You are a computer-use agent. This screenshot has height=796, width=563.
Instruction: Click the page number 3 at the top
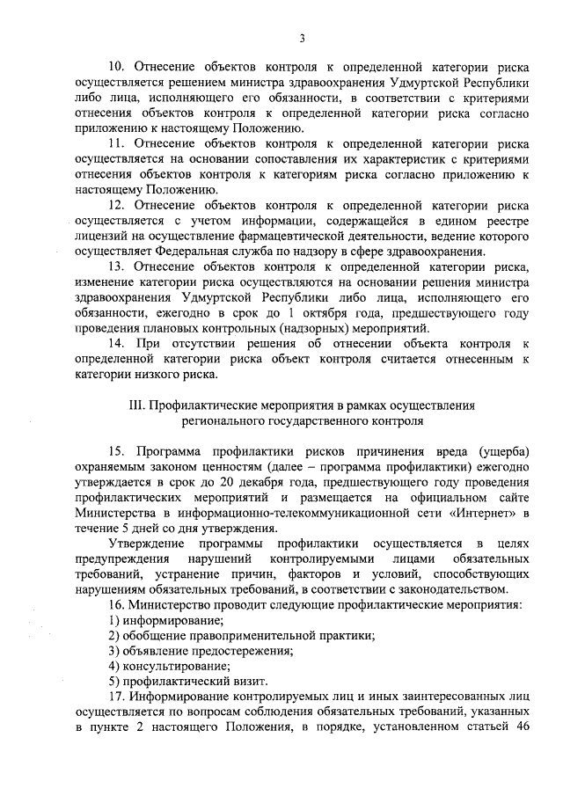(x=303, y=37)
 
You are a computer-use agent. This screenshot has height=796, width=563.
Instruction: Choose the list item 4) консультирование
(x=157, y=667)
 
